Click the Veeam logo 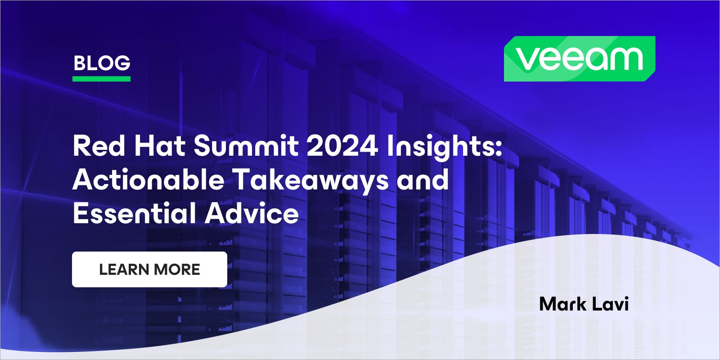[580, 59]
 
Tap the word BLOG [102, 63]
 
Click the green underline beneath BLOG [102, 79]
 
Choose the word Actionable [148, 180]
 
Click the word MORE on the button [177, 270]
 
